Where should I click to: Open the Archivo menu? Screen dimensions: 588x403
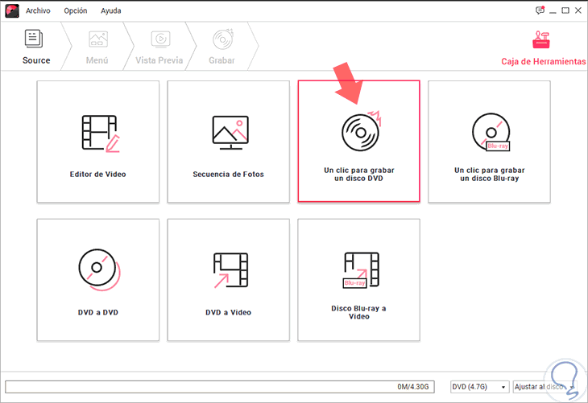coord(38,11)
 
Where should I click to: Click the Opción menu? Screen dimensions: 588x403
coord(76,11)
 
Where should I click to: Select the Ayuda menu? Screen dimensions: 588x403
coord(110,11)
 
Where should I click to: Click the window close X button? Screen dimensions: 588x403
coord(578,10)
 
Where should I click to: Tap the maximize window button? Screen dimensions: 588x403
coord(565,10)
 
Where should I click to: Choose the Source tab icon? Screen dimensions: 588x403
coord(34,39)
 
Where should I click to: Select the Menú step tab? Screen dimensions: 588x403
coord(97,47)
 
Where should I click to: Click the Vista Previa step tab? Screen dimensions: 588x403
coord(159,47)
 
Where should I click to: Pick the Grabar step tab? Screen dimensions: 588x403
coord(222,47)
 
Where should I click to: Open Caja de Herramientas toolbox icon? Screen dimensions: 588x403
coord(541,39)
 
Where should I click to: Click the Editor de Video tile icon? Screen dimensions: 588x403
coord(101,134)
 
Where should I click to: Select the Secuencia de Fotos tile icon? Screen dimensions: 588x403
coord(230,133)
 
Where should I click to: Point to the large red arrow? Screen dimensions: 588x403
coord(349,83)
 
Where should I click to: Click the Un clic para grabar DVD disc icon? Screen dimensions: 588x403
coord(361,131)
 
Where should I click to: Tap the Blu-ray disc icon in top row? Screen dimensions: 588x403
coord(491,132)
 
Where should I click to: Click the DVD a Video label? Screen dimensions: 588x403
coord(229,312)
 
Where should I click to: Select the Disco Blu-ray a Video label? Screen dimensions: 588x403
coord(359,312)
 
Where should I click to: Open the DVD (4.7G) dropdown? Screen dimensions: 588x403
coord(479,387)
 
